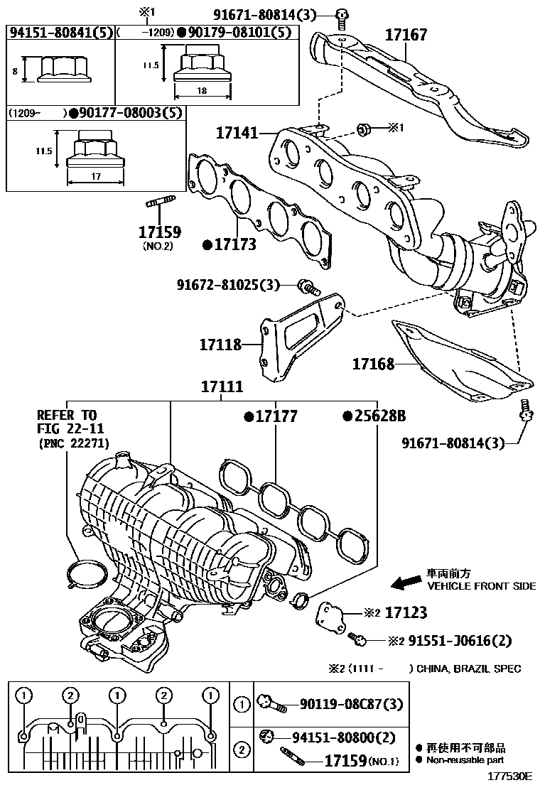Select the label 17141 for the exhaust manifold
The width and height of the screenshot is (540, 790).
pyautogui.click(x=237, y=132)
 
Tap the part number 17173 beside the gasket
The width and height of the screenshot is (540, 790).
pyautogui.click(x=234, y=245)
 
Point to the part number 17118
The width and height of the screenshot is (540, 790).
pyautogui.click(x=220, y=345)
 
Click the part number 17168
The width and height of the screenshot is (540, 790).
pyautogui.click(x=374, y=364)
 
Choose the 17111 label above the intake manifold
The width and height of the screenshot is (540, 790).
pyautogui.click(x=221, y=387)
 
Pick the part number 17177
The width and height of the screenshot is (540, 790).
pyautogui.click(x=275, y=416)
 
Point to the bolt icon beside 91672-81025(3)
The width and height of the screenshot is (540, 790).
pyautogui.click(x=308, y=286)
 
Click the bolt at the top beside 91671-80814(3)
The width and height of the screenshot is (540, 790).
pyautogui.click(x=344, y=16)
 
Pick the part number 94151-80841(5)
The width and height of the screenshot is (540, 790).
pyautogui.click(x=60, y=32)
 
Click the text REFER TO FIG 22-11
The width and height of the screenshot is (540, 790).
pyautogui.click(x=67, y=421)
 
